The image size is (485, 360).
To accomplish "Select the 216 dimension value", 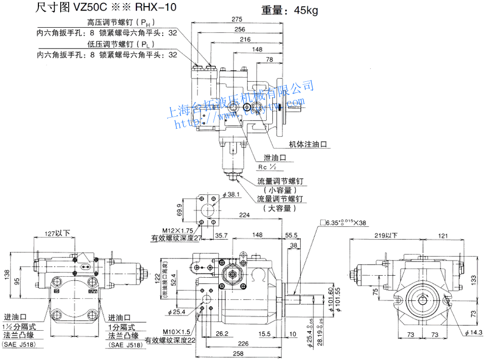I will click(245, 39).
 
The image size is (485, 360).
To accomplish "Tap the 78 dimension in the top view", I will click(269, 60).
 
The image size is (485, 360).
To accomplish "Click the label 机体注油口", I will click(307, 144).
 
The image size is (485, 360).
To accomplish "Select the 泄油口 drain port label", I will click(275, 158).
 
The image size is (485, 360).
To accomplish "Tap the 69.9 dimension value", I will click(179, 210).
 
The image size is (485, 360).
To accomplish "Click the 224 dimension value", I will click(245, 215).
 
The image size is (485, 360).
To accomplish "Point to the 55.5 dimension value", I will click(291, 235).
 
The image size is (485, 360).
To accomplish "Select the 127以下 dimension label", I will click(53, 234).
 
